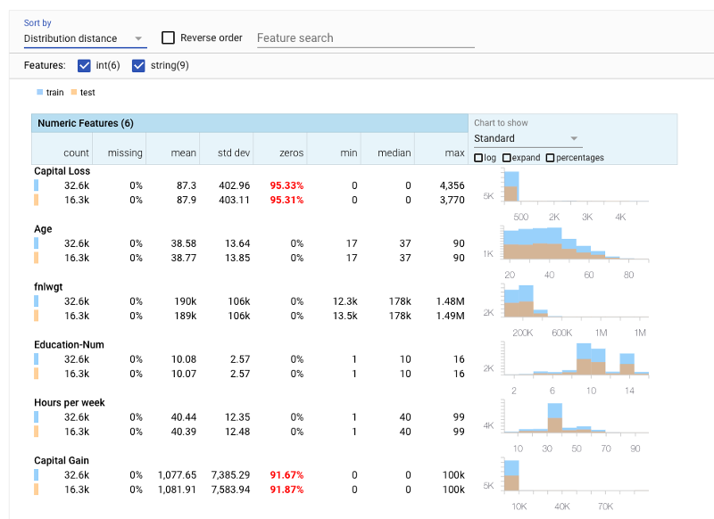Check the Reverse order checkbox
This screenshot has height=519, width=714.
point(168,38)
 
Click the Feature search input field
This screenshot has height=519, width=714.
point(364,38)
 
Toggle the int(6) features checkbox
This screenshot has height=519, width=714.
point(85,65)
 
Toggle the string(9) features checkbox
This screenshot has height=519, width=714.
point(138,65)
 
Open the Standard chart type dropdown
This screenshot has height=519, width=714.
point(527,138)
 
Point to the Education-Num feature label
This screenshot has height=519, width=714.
point(69,345)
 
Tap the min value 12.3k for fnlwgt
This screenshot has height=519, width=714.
point(344,301)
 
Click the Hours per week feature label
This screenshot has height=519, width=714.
point(69,403)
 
